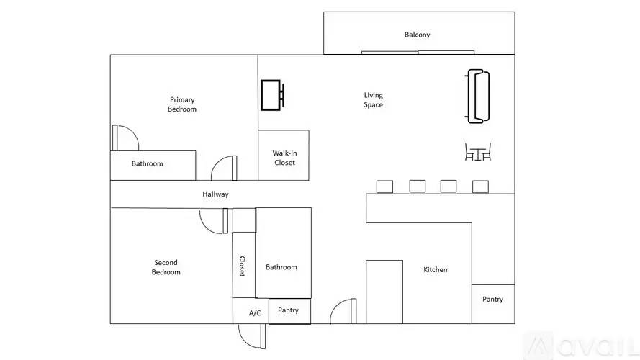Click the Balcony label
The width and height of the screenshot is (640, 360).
[417, 35]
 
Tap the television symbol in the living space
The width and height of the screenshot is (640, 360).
[272, 95]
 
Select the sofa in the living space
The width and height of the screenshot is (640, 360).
[477, 96]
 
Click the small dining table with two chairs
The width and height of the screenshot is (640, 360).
[478, 152]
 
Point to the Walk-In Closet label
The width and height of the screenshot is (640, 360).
[284, 158]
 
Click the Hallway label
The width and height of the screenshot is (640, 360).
[215, 194]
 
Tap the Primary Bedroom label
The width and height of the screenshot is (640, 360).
[182, 104]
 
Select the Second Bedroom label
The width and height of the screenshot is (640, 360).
[166, 267]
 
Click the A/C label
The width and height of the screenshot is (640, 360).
[255, 312]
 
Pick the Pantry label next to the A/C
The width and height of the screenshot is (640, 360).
[288, 310]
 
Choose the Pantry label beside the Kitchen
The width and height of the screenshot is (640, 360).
[492, 299]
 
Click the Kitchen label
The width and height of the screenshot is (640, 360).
[435, 269]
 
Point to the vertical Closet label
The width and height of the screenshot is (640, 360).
[242, 266]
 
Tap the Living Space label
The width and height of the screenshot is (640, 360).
[374, 99]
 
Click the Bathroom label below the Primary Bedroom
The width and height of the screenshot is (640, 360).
[147, 163]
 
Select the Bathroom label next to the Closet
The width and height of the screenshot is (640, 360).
[281, 267]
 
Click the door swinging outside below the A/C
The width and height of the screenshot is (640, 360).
[252, 337]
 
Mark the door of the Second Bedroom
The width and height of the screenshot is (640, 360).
[214, 221]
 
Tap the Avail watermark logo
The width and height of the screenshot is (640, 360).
[581, 346]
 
